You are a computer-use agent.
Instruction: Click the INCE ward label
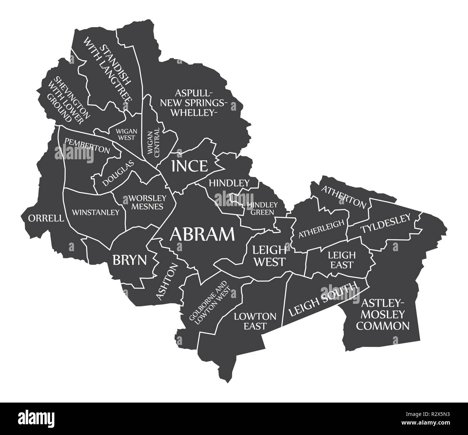click(189, 166)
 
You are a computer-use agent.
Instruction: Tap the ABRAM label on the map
click(202, 234)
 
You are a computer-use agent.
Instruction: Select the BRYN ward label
click(130, 260)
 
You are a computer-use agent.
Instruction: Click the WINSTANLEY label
click(95, 212)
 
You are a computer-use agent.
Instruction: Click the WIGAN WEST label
click(126, 134)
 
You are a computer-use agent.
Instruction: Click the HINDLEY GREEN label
click(260, 208)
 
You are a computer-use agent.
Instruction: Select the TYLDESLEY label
click(386, 223)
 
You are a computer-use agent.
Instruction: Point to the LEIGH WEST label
click(269, 256)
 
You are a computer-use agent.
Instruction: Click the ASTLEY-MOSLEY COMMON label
click(386, 314)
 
